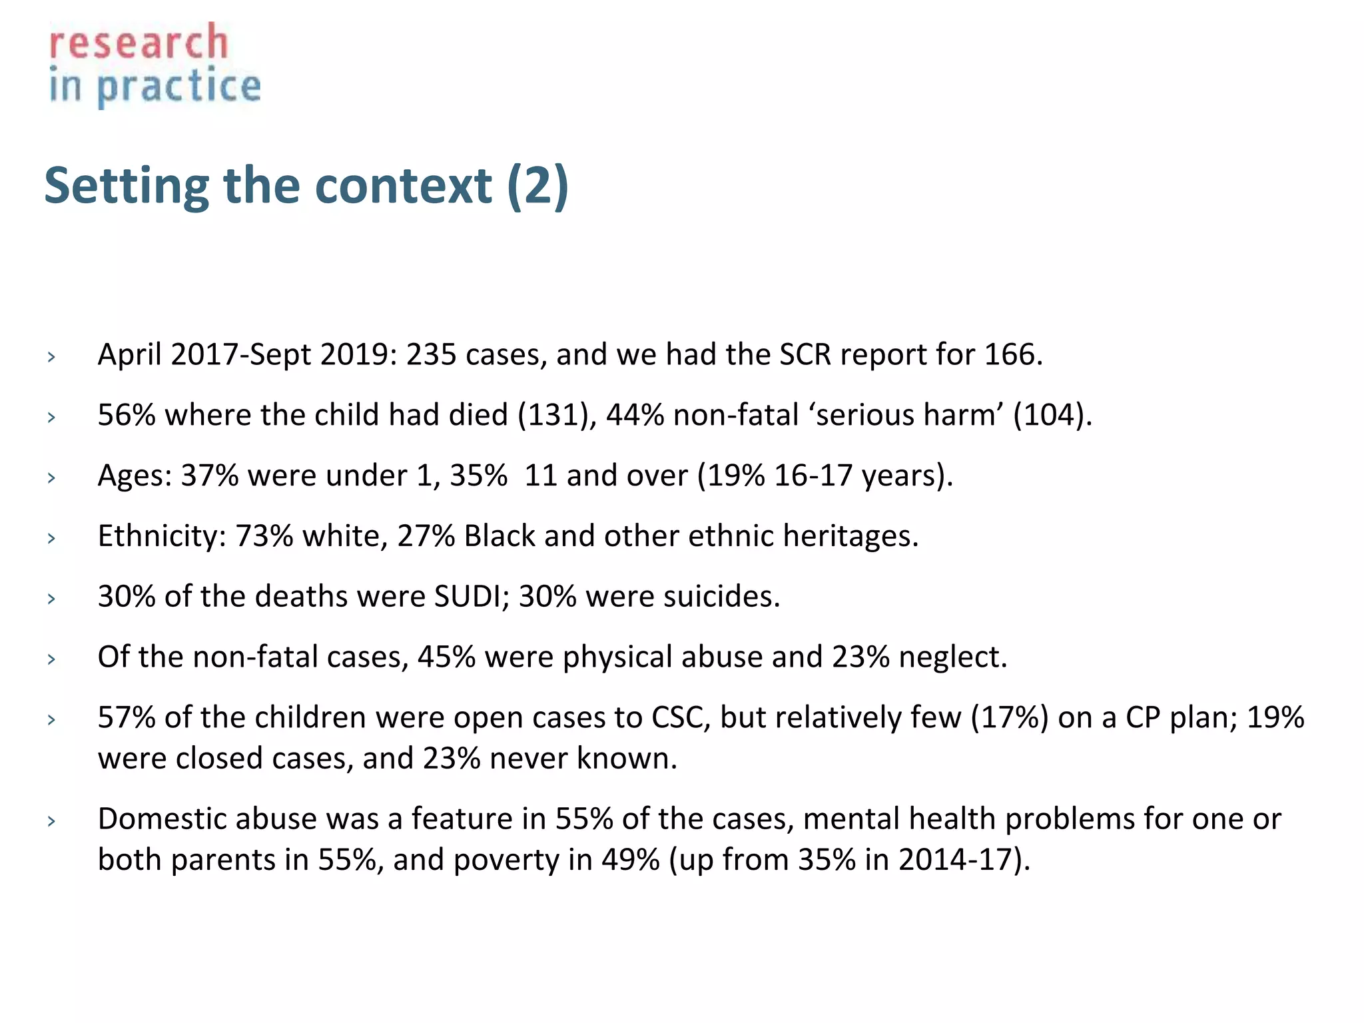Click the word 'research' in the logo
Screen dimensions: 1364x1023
point(139,43)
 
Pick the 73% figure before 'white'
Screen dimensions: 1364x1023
point(264,536)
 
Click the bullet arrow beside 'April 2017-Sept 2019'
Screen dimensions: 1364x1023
point(51,357)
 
